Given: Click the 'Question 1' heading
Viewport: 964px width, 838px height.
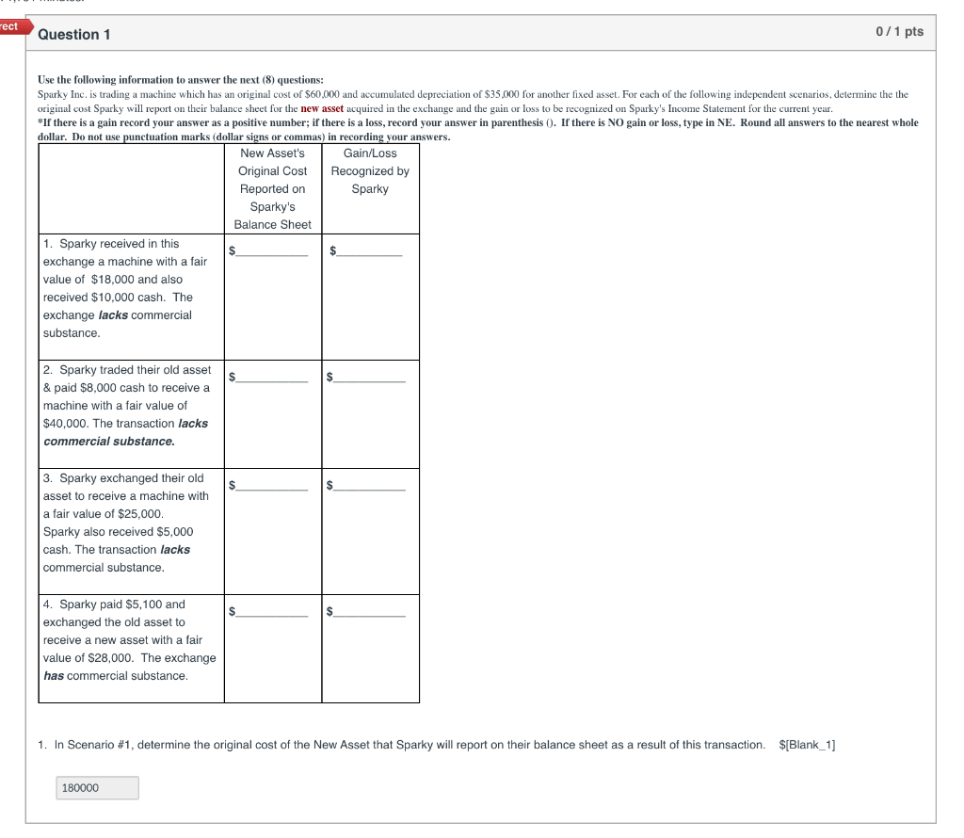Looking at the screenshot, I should click(74, 35).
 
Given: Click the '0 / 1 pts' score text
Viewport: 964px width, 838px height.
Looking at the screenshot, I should click(899, 32).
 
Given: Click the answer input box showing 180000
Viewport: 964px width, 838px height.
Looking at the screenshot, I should click(98, 788).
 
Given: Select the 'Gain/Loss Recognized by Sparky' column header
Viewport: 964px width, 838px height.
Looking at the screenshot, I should click(370, 171).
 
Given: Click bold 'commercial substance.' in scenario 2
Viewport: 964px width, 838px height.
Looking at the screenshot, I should click(109, 442).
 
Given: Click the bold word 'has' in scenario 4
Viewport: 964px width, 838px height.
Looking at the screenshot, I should click(54, 676).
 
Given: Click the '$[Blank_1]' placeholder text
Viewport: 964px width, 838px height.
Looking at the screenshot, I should click(807, 745).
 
